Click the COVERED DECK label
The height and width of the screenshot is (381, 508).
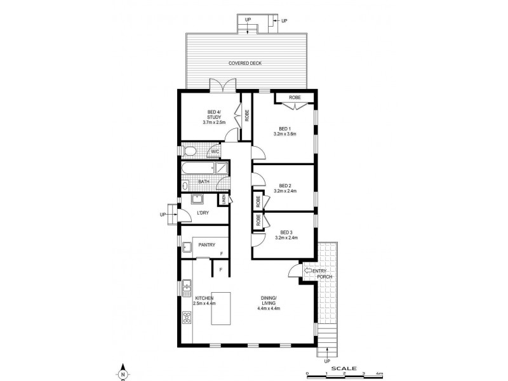tap(245, 63)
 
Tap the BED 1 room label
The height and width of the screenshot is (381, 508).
tap(284, 128)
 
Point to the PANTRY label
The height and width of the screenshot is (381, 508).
tap(206, 244)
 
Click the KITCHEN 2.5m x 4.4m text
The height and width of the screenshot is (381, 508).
tap(204, 301)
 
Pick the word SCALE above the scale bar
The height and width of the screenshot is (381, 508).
tap(344, 368)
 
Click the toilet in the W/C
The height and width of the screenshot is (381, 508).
tap(189, 151)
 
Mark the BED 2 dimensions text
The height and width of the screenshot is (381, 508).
tap(284, 190)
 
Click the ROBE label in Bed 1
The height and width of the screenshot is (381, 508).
tap(295, 98)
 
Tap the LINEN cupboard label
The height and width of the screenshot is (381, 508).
tap(223, 199)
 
